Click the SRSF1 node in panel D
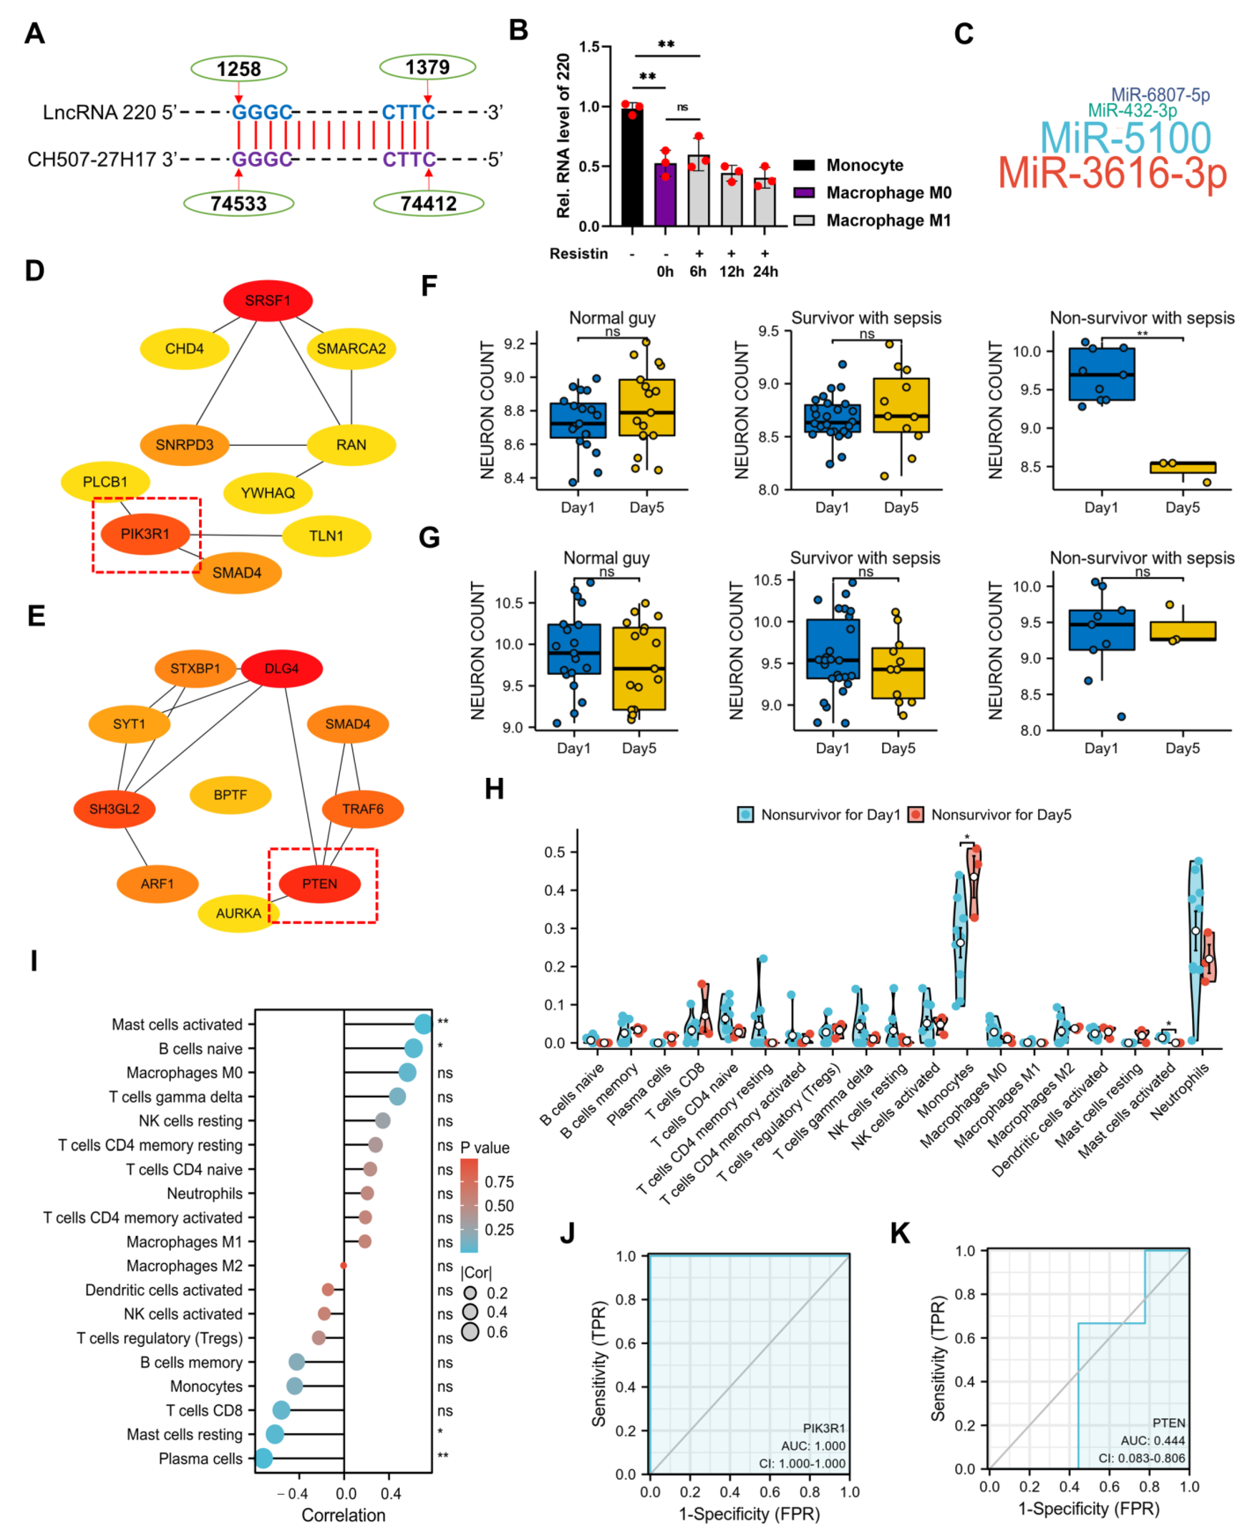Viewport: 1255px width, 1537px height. click(x=267, y=301)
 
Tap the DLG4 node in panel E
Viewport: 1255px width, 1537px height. click(x=281, y=669)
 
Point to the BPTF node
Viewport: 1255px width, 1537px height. click(x=230, y=794)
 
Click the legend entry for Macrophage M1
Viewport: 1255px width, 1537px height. click(x=888, y=221)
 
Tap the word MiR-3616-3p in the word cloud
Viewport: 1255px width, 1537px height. click(x=1112, y=173)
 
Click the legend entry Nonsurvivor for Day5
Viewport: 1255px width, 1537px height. click(x=1000, y=815)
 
